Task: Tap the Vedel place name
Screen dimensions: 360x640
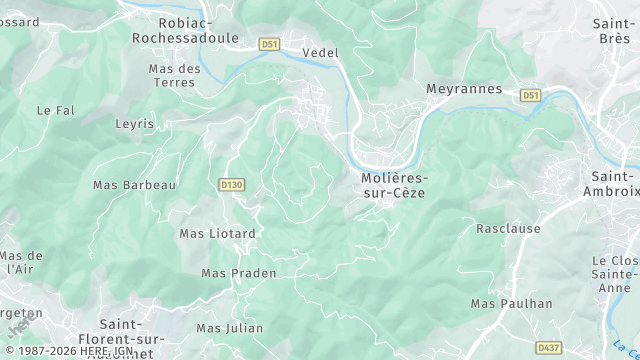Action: (x=320, y=52)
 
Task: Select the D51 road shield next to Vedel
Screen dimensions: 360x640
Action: (x=269, y=44)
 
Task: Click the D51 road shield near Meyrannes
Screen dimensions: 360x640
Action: (x=530, y=95)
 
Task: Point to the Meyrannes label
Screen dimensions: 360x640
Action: (x=464, y=88)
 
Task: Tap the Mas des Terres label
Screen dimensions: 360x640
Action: (x=174, y=75)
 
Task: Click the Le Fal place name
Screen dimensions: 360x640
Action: (x=56, y=110)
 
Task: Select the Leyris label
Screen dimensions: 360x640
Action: (x=134, y=124)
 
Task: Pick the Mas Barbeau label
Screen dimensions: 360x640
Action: (x=134, y=185)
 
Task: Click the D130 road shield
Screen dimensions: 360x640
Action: (x=231, y=185)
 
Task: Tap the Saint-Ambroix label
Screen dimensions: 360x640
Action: (x=610, y=184)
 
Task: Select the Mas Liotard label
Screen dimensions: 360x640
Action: (x=217, y=234)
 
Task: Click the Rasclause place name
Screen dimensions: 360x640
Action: (x=508, y=228)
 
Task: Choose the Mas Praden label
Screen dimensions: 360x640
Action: (x=239, y=273)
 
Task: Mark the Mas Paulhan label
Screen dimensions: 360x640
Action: (x=511, y=303)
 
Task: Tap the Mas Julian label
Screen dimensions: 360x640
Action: (x=230, y=328)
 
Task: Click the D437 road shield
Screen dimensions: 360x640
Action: (x=548, y=347)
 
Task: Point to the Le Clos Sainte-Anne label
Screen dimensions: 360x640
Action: (x=614, y=273)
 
